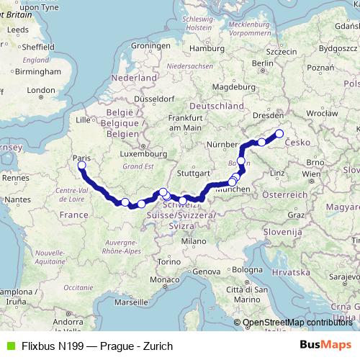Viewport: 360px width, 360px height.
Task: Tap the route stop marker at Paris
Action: click(81, 166)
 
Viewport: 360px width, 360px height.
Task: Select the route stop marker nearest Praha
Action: click(279, 134)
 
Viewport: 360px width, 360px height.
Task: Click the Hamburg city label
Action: click(204, 48)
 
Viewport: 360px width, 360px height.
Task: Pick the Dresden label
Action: click(272, 114)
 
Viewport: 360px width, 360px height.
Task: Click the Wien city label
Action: click(311, 174)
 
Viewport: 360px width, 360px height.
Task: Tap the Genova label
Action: click(207, 271)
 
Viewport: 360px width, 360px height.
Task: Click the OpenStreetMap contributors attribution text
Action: click(298, 322)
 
